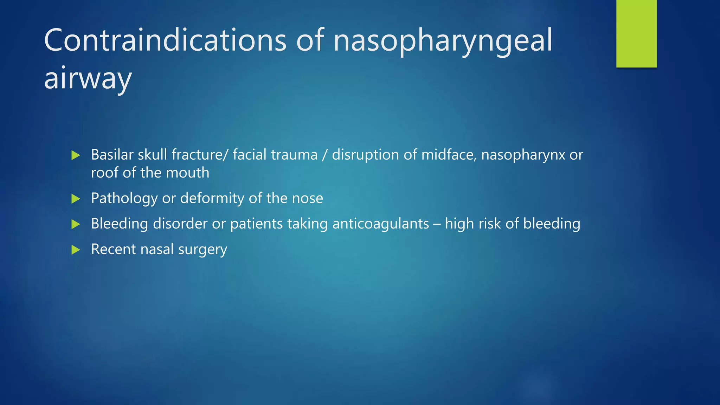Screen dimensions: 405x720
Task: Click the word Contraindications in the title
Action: [x=165, y=40]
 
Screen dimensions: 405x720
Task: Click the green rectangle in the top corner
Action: [x=636, y=33]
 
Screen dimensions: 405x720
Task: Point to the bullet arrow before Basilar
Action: [x=76, y=155]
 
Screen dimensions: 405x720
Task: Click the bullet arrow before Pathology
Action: [x=76, y=199]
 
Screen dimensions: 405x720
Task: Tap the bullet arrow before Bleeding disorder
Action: [x=76, y=224]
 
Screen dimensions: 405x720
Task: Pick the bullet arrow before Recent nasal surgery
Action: [x=76, y=250]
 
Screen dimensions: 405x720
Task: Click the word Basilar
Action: [x=112, y=155]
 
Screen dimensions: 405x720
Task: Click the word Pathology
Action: [x=124, y=199]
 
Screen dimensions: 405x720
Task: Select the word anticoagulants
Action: [x=381, y=224]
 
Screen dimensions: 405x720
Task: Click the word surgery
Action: [x=202, y=250]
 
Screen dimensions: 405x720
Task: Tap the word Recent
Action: [x=113, y=249]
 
